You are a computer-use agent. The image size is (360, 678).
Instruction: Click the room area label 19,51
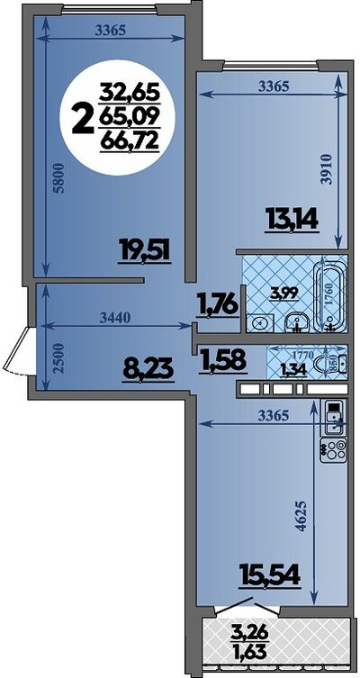tap(146, 251)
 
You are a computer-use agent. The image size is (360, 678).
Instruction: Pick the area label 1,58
tap(223, 361)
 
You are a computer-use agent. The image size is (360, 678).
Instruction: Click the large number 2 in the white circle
tap(84, 121)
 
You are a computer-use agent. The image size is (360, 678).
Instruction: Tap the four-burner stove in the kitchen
tap(334, 450)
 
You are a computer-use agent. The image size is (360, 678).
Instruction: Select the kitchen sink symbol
tap(334, 418)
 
